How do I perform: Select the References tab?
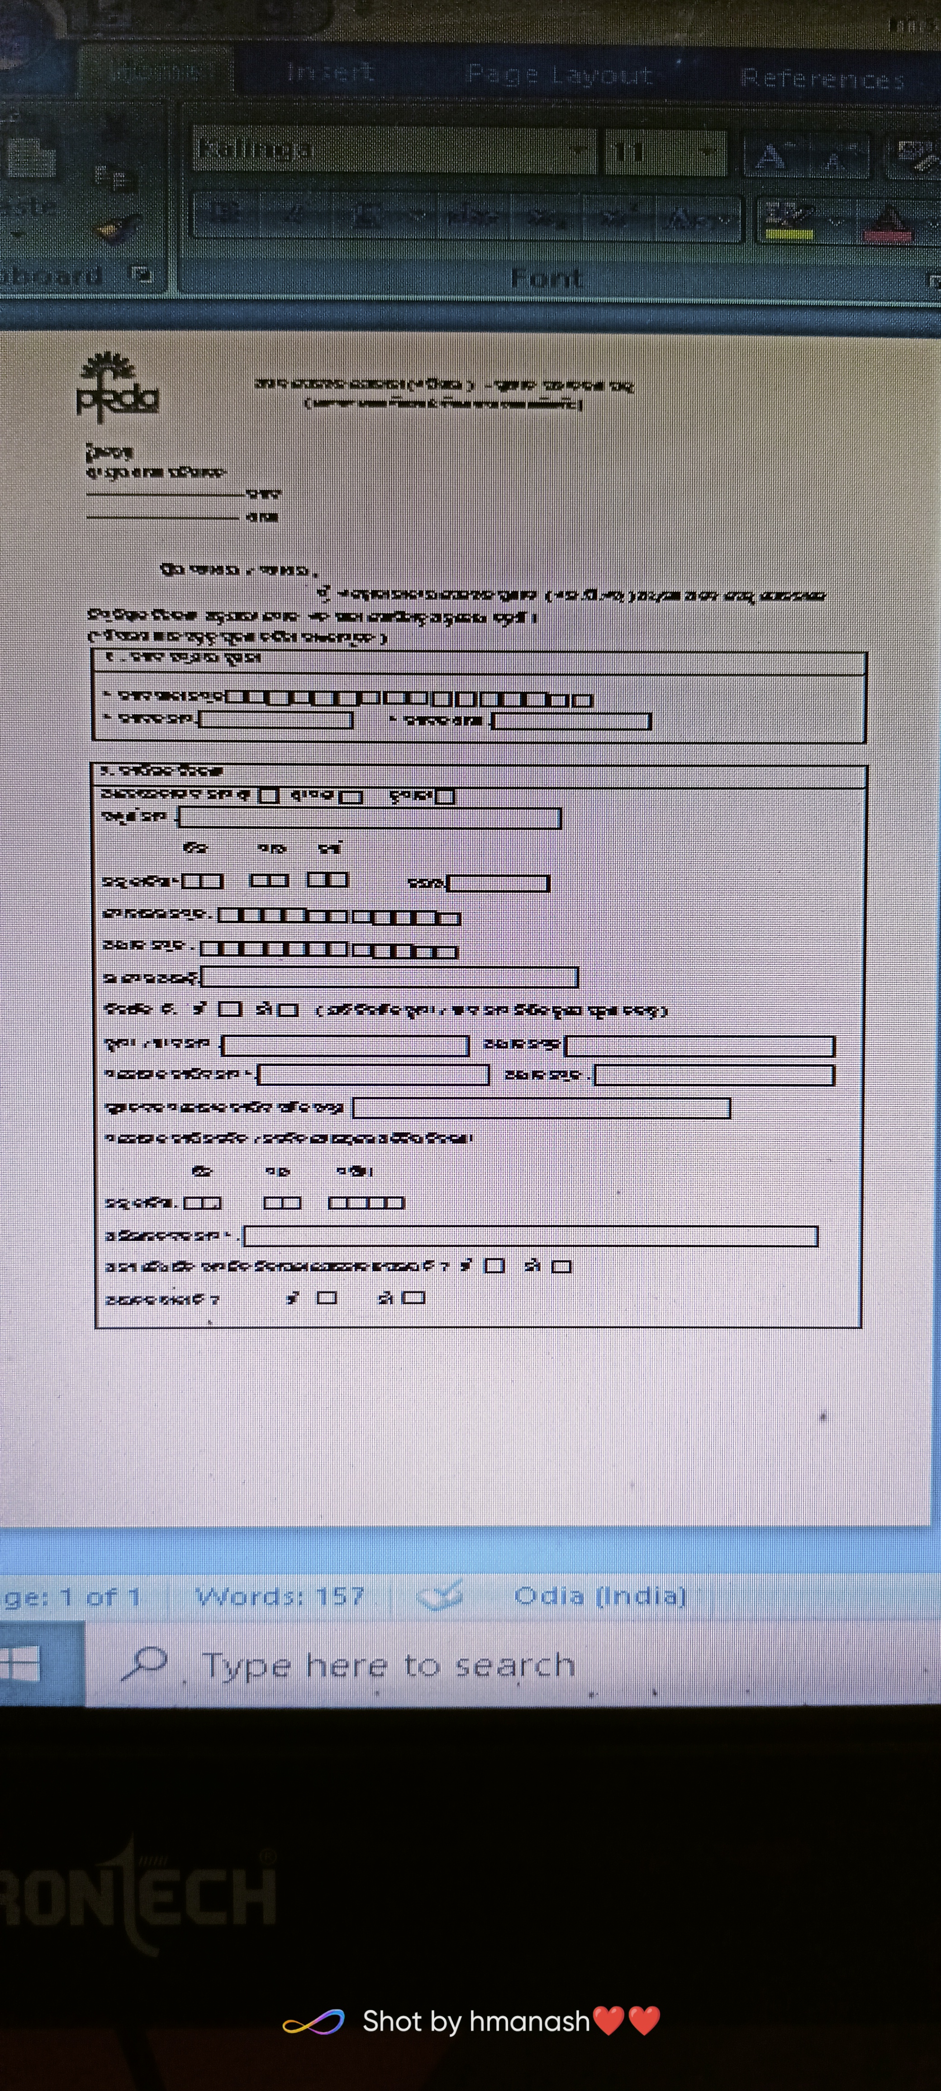click(x=822, y=79)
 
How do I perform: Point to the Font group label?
click(x=546, y=279)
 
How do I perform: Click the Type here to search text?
click(x=388, y=1665)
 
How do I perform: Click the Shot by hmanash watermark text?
click(x=476, y=2020)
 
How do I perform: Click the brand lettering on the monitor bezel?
click(x=138, y=1895)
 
